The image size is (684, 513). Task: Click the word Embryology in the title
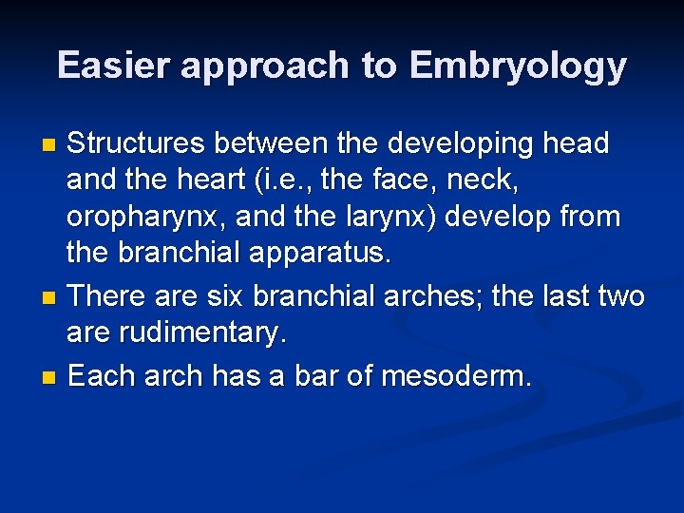[518, 66]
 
